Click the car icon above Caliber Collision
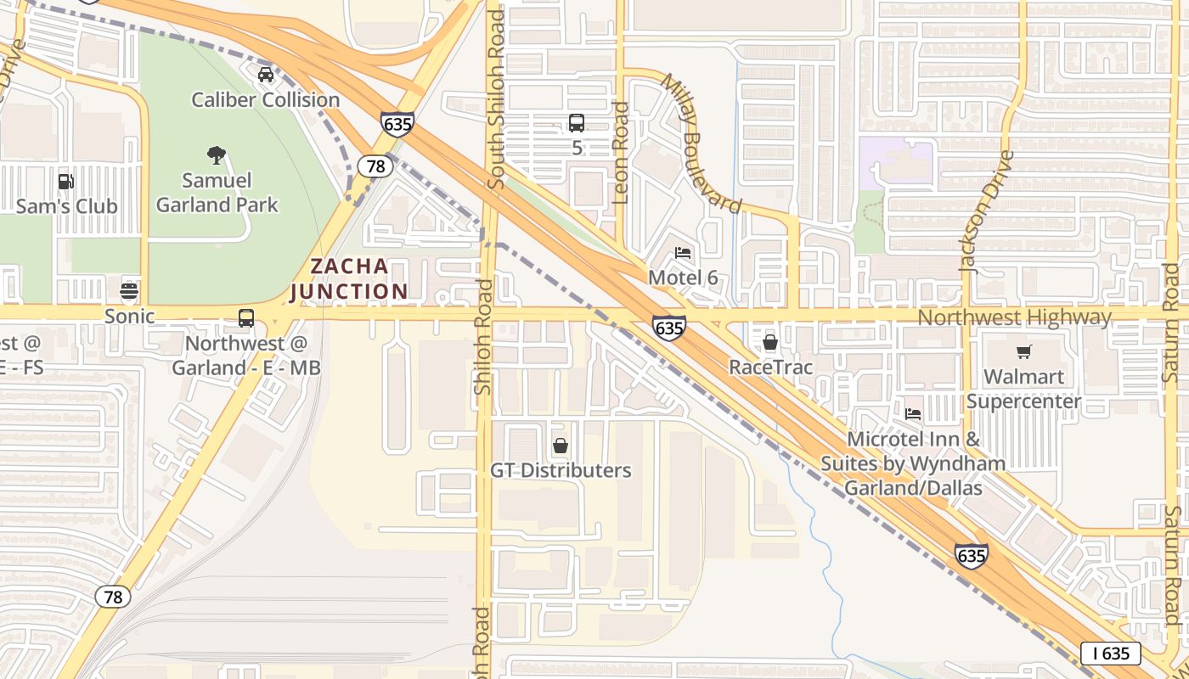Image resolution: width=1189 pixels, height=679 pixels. [x=266, y=74]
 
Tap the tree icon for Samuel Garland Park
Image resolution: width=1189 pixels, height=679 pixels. [x=217, y=154]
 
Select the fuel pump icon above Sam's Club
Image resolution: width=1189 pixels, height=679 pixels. [x=65, y=181]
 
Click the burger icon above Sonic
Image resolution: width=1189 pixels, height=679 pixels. [x=129, y=291]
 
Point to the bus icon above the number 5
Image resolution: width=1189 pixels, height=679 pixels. [x=577, y=122]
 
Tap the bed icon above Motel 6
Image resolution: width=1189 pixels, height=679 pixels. [x=683, y=252]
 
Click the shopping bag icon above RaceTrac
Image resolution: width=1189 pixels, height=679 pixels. [x=770, y=342]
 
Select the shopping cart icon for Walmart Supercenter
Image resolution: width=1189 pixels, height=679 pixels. [x=1023, y=351]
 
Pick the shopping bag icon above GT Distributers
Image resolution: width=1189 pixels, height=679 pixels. [x=561, y=446]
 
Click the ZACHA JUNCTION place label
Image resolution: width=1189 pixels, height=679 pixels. [x=349, y=278]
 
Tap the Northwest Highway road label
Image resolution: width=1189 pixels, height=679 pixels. [x=1014, y=317]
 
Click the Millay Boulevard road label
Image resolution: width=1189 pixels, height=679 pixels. [x=702, y=143]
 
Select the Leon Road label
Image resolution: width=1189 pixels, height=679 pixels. [x=620, y=153]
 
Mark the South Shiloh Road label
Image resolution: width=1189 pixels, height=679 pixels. [x=497, y=100]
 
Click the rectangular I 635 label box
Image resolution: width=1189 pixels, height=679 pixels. [x=1110, y=653]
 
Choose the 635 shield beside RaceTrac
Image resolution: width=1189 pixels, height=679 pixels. [x=669, y=327]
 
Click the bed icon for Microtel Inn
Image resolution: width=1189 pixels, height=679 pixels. [x=913, y=413]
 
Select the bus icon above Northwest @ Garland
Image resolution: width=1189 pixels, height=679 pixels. [x=245, y=318]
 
